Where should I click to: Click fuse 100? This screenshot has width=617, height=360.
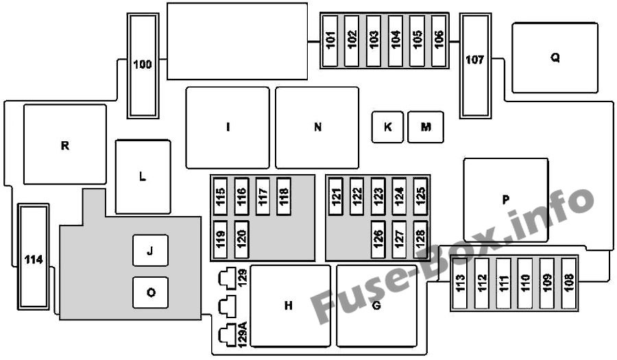point(143,66)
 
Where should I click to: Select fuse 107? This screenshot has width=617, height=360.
point(475,66)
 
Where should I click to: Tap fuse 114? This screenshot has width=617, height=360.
point(34,256)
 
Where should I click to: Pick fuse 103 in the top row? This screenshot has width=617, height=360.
point(374,41)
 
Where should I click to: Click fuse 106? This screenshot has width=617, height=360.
point(439,41)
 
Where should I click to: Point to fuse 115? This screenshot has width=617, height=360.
point(220,196)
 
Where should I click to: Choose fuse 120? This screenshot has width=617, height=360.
point(241,239)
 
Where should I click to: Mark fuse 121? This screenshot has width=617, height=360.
point(336,196)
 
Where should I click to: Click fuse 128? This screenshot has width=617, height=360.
point(420,239)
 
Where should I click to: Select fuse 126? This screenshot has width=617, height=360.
point(378,239)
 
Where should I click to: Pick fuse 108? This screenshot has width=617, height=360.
point(568,283)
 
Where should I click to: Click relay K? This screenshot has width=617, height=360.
point(387,127)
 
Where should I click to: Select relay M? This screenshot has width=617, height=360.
point(426,127)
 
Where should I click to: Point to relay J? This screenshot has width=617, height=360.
point(150,250)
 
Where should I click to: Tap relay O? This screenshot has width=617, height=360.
point(150,292)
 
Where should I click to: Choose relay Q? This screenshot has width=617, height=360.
point(555,58)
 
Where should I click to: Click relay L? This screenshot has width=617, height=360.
point(143,177)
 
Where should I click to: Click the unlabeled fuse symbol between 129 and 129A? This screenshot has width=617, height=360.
point(228,307)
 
